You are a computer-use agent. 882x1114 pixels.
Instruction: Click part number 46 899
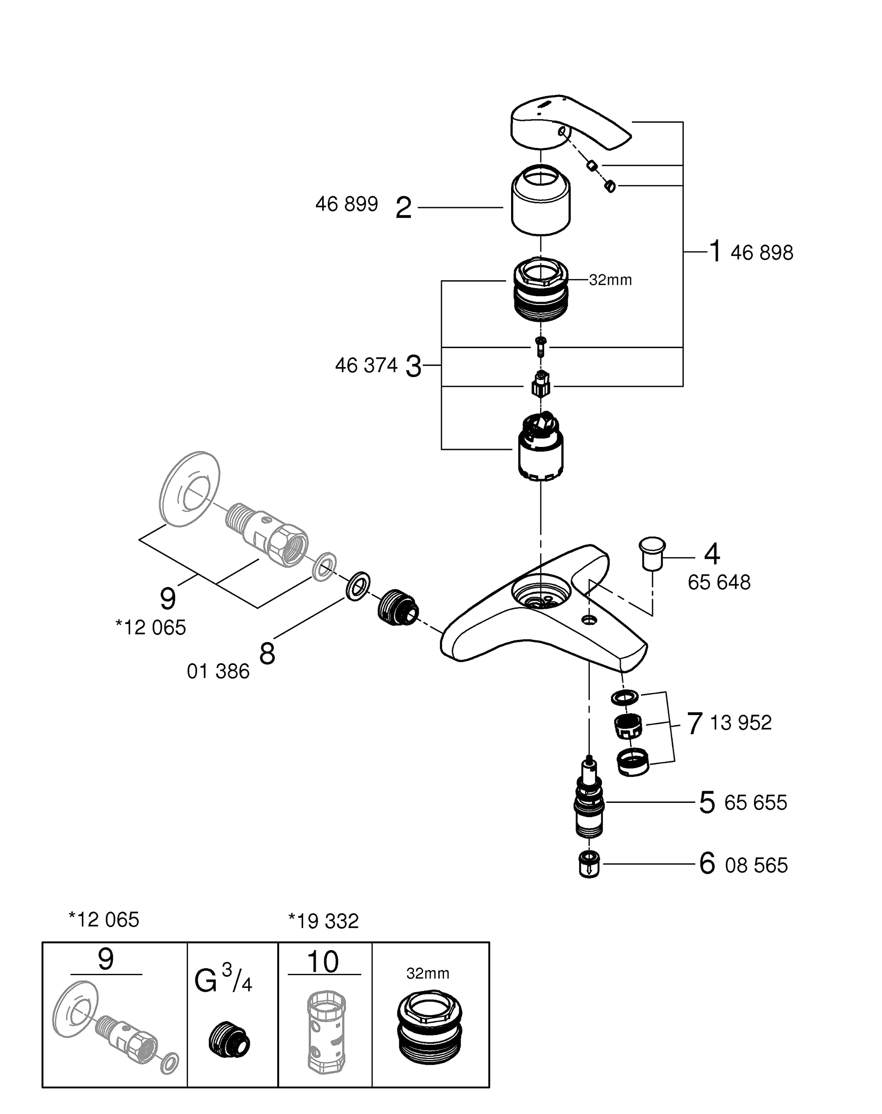[x=347, y=205]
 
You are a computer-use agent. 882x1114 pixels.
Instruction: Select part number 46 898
[x=762, y=253]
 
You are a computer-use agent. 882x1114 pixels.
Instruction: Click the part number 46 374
[x=366, y=366]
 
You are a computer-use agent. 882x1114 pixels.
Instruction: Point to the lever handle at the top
[x=571, y=122]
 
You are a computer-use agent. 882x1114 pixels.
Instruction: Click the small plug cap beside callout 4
[x=652, y=554]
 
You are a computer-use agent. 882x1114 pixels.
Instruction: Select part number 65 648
[x=719, y=582]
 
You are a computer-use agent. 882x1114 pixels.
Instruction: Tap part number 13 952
[x=741, y=723]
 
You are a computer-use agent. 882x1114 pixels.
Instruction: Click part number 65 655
[x=755, y=803]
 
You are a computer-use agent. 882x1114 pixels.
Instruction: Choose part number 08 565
[x=757, y=865]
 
